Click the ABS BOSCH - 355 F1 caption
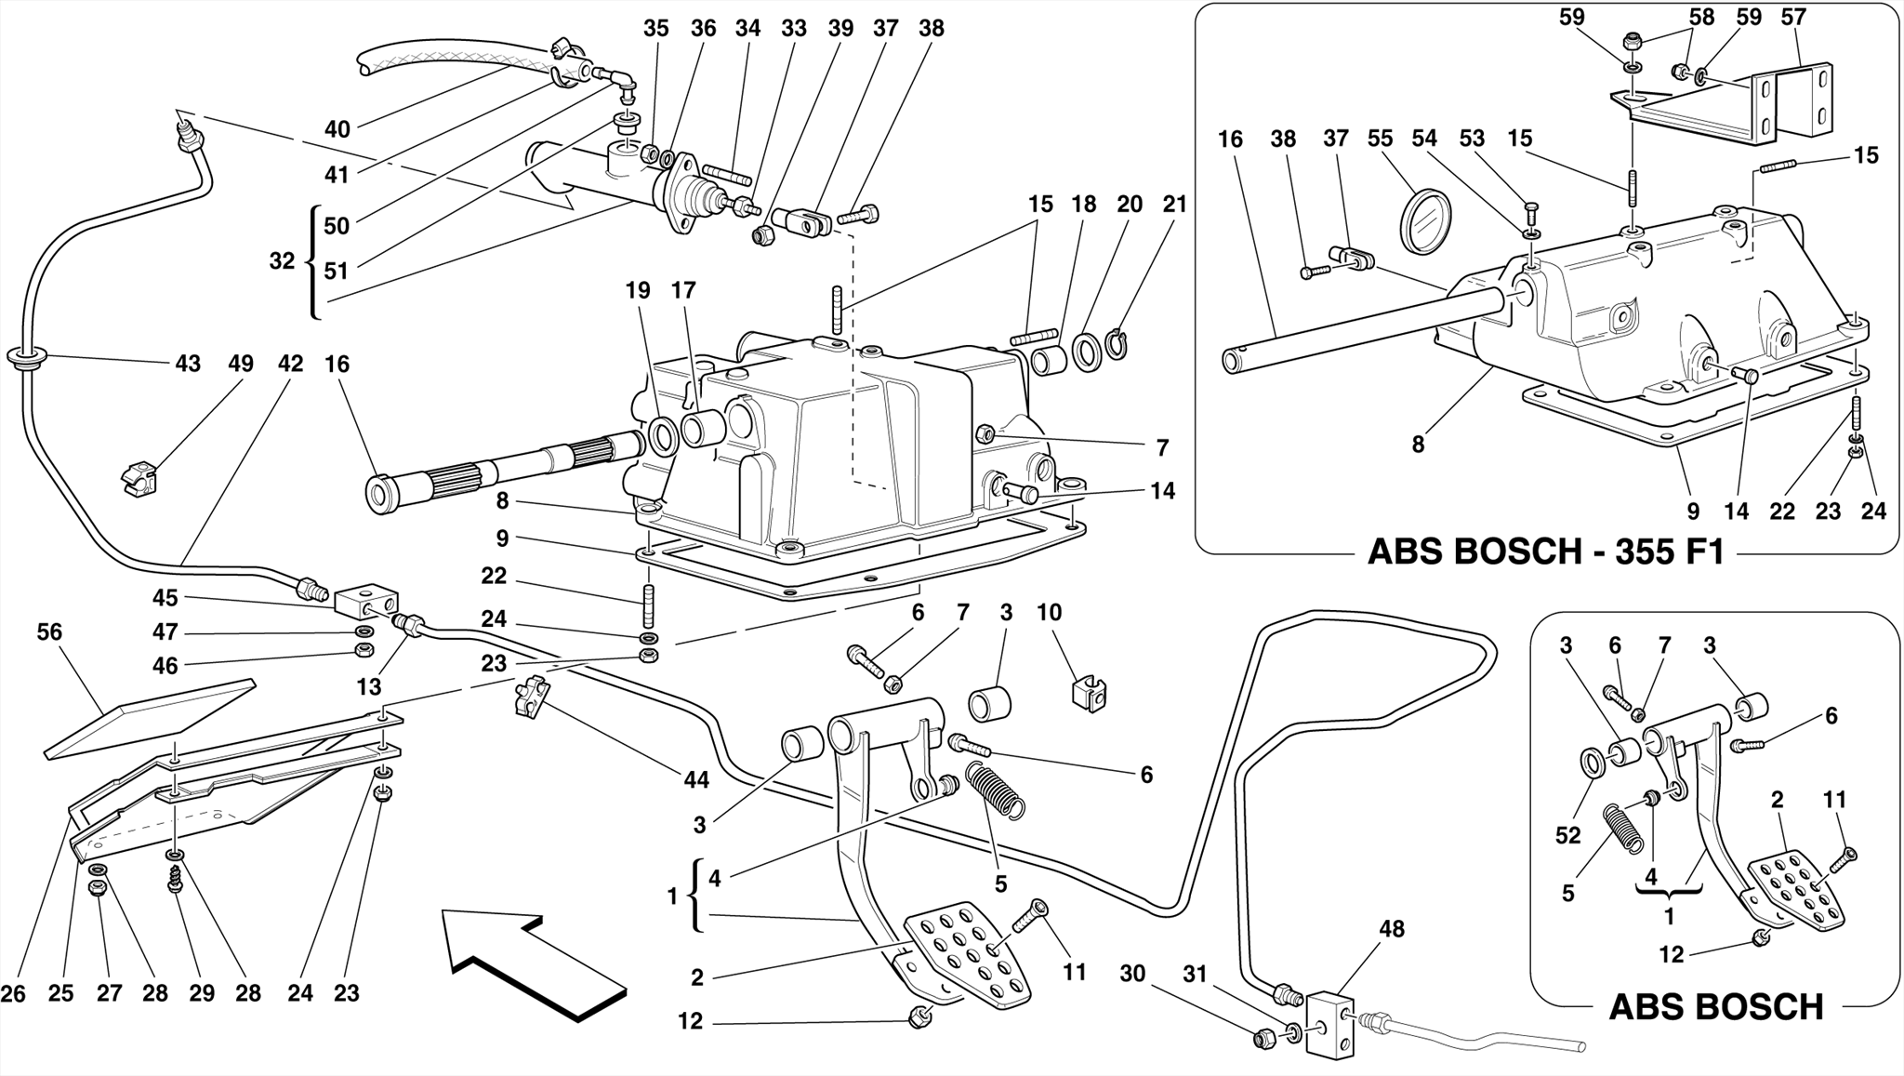[1545, 552]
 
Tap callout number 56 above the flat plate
[49, 632]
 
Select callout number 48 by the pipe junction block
[1392, 928]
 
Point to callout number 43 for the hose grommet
[188, 364]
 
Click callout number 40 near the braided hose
[337, 129]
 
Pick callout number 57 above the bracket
[1793, 17]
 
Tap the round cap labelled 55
[1424, 220]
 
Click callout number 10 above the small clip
[1049, 612]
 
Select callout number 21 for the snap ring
[1175, 204]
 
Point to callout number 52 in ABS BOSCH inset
[1567, 835]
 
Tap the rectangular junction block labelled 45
[366, 602]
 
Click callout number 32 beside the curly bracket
[282, 261]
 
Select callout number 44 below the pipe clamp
[696, 779]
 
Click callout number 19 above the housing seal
[638, 290]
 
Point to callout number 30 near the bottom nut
[1132, 974]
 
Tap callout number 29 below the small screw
[202, 993]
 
